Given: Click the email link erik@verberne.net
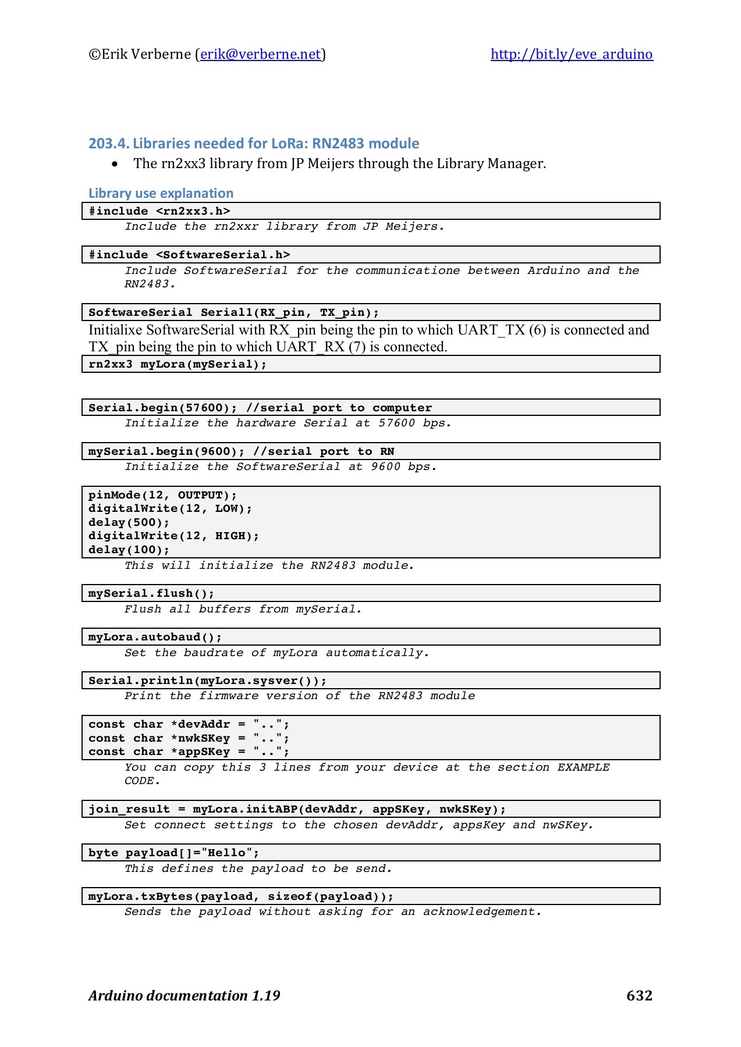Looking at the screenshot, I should coord(260,54).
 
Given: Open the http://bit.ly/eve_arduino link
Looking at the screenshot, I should coord(571,54).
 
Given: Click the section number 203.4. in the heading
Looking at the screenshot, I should coord(109,144).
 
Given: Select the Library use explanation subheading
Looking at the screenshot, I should coord(161,193).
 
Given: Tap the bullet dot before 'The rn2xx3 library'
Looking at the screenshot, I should coord(115,164).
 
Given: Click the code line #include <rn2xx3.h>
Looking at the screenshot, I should coord(159,211).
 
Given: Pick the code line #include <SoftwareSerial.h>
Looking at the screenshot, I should coord(189,255).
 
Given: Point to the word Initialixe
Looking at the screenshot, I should coord(115,330).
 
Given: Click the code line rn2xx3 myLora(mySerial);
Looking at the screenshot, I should coord(178,364).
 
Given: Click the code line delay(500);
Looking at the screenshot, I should coord(129,522).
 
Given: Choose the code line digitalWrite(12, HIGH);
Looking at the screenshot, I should coord(173,536).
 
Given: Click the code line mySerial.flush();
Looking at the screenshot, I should coord(151,593).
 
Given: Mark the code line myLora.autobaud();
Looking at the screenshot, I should coord(155,637).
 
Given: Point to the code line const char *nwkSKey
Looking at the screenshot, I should coord(189,738).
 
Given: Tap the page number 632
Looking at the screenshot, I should coord(639,995).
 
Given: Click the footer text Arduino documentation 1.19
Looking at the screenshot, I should coord(184,995).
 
